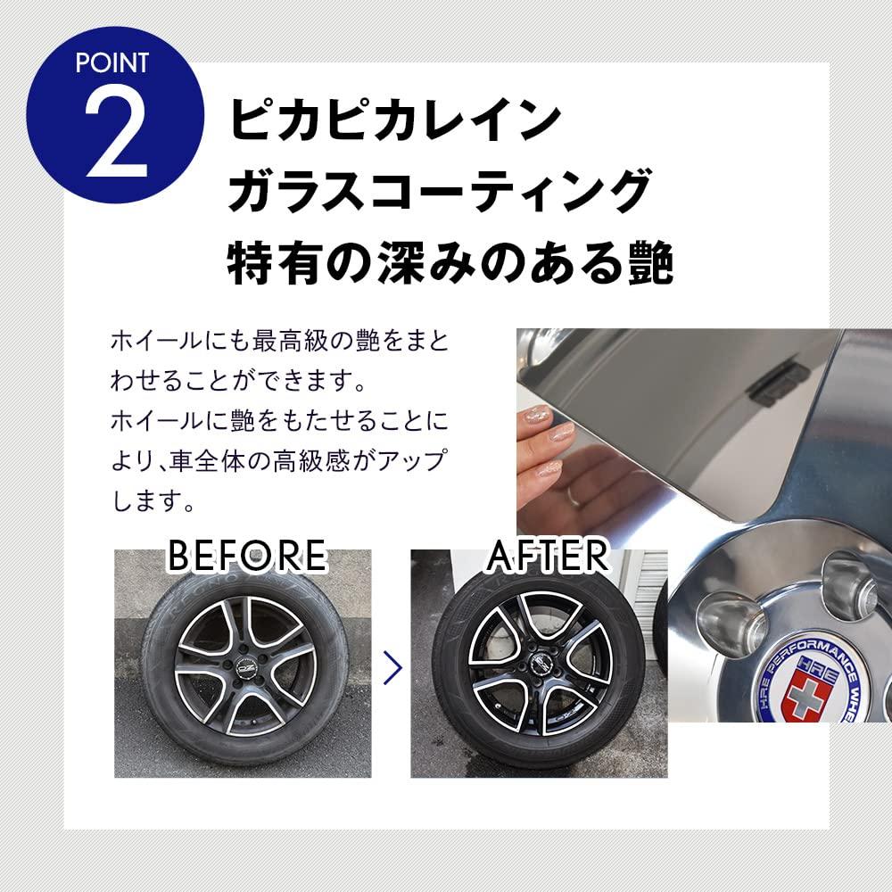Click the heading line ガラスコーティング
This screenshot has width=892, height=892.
[436, 192]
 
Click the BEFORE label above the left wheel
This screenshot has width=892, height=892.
[247, 555]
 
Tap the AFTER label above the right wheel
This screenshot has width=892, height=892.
[547, 555]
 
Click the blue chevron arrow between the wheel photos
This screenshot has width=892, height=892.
[389, 665]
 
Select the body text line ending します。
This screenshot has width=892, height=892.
[153, 501]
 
